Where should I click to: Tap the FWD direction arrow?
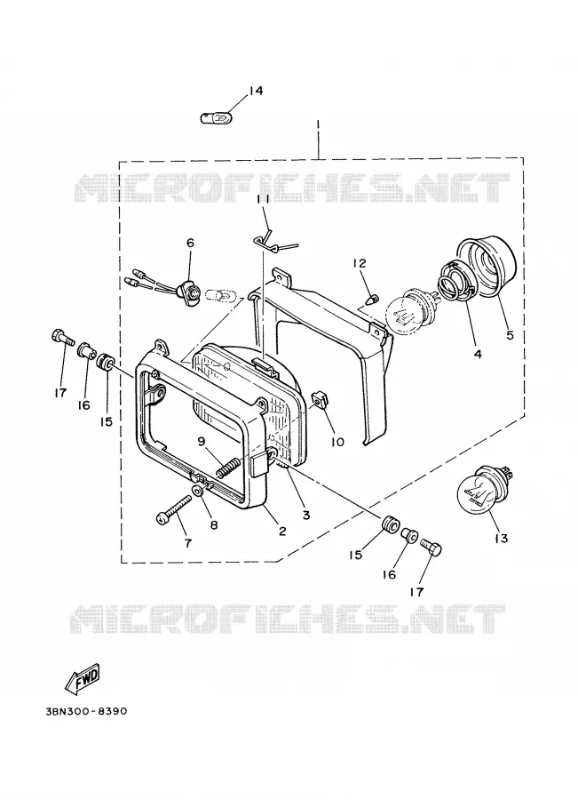click(x=83, y=679)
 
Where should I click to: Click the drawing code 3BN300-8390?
click(x=86, y=711)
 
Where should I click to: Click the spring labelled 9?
click(x=228, y=466)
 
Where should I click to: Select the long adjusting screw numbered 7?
click(x=173, y=508)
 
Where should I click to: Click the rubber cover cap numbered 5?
click(x=487, y=270)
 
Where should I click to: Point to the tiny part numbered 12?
click(x=373, y=298)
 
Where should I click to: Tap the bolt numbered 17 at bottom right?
click(x=432, y=550)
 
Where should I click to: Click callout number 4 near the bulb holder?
click(x=478, y=354)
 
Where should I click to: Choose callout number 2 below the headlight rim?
click(x=281, y=531)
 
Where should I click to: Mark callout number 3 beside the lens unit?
click(x=305, y=516)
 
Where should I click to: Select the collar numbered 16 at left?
click(x=84, y=350)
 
